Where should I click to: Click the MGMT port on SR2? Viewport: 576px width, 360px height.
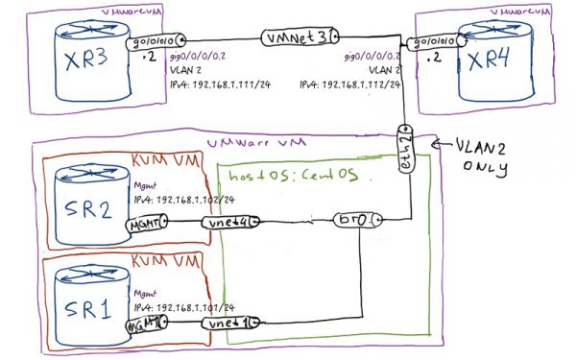tap(148, 222)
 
